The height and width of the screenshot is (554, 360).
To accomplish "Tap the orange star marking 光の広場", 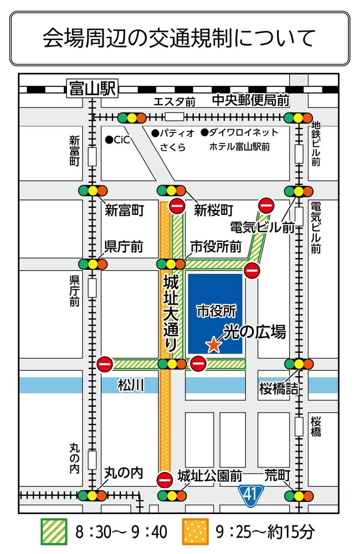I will click(x=213, y=345).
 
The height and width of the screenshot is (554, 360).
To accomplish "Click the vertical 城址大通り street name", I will click(x=171, y=312).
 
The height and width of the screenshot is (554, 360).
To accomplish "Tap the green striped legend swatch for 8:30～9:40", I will click(x=54, y=532).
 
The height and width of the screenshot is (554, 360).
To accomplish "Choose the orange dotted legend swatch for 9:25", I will click(x=195, y=532).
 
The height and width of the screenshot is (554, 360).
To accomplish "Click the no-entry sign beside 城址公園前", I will click(x=165, y=479).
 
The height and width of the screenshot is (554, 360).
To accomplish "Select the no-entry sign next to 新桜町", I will click(x=177, y=206).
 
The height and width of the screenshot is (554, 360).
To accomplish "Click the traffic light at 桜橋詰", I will click(x=299, y=364).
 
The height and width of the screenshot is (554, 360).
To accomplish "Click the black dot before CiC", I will click(x=109, y=140).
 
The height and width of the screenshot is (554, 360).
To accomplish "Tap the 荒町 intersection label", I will click(x=277, y=475).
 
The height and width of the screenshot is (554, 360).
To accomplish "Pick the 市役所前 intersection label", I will click(x=215, y=247).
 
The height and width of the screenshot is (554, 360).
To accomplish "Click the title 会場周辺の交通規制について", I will click(x=179, y=38).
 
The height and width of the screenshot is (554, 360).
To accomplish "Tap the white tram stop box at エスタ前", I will click(x=174, y=117).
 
